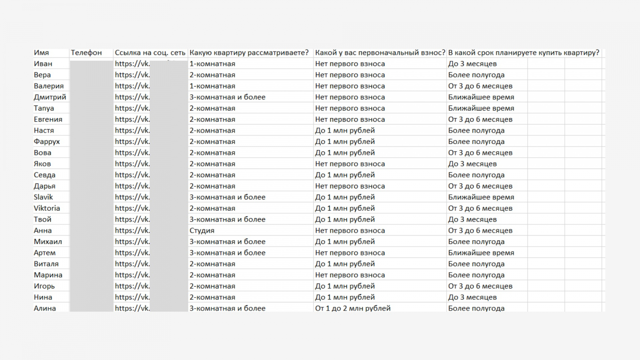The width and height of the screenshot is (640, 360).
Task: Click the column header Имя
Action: (x=41, y=53)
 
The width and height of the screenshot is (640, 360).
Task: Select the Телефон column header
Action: (x=86, y=53)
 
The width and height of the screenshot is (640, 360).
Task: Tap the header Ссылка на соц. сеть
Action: (x=150, y=53)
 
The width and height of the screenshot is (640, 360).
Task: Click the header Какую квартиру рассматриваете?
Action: (x=249, y=53)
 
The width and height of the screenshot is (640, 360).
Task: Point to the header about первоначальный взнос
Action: (x=380, y=53)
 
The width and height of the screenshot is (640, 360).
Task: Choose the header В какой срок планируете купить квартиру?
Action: (x=524, y=53)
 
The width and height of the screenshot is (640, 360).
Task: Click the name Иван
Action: (x=43, y=64)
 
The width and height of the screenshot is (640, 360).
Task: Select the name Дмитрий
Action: (x=50, y=97)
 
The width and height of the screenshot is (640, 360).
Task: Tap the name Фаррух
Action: (x=47, y=142)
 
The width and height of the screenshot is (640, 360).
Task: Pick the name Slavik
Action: (x=43, y=197)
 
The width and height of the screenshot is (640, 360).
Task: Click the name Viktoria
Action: (x=47, y=208)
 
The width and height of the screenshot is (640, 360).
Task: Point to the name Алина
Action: (x=45, y=308)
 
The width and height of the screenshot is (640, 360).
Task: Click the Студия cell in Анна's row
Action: (x=202, y=231)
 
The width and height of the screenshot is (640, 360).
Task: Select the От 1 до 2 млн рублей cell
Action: (x=353, y=308)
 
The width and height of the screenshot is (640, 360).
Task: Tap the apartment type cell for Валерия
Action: (x=212, y=86)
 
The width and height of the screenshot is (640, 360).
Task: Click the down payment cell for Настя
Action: (x=345, y=130)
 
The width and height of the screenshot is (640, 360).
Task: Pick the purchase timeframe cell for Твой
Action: (x=472, y=220)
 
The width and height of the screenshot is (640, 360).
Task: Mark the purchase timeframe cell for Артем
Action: (x=481, y=253)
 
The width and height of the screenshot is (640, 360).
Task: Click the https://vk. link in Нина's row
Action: (x=132, y=297)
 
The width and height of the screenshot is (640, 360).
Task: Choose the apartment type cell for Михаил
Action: (x=228, y=242)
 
